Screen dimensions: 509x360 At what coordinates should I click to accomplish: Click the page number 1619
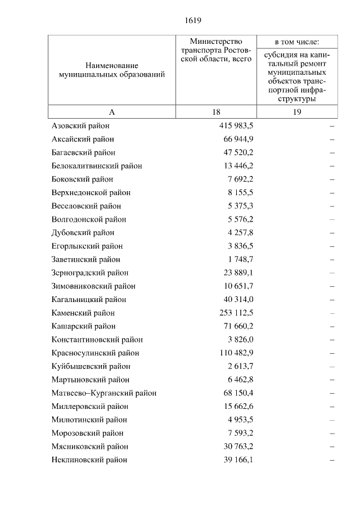tap(193, 21)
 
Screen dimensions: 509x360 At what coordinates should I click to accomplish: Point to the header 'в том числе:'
tap(297, 42)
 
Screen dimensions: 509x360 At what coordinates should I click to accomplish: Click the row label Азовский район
tap(80, 125)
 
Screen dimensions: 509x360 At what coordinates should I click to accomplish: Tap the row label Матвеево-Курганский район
tap(103, 393)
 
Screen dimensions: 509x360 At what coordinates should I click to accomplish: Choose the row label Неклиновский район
tap(89, 460)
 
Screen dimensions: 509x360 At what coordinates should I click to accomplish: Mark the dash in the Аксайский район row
tap(332, 139)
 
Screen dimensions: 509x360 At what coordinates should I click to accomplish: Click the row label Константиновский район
tap(97, 340)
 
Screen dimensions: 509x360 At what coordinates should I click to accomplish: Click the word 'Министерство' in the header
tap(216, 42)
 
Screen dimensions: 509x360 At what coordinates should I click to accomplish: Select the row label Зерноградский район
tap(89, 273)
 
